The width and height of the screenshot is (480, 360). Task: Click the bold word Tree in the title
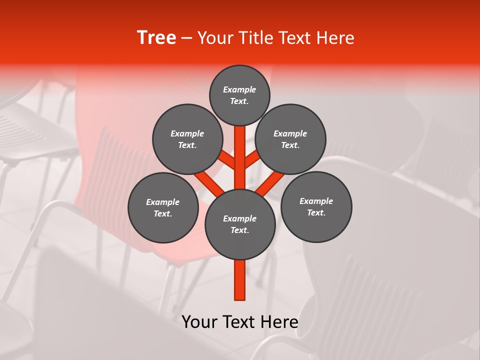[x=156, y=37]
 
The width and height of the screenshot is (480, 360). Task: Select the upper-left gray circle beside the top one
[x=187, y=139]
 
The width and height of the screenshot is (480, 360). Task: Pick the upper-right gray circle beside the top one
[x=290, y=139]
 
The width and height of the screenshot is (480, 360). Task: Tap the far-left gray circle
[x=163, y=207]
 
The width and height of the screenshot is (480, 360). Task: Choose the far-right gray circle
[x=316, y=206]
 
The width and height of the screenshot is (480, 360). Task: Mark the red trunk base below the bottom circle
[x=240, y=280]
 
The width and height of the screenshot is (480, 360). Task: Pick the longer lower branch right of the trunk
[x=270, y=183]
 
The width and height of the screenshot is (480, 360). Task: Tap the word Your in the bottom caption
[x=199, y=322]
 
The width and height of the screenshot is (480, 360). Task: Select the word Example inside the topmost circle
[x=239, y=89]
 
